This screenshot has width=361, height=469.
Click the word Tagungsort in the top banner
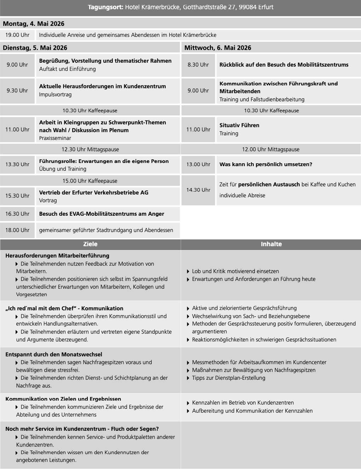point(105,7)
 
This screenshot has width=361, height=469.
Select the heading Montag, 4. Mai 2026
point(34,24)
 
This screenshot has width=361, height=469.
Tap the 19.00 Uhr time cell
point(17,35)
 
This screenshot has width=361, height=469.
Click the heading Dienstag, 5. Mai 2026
point(35,48)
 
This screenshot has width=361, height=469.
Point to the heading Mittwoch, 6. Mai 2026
point(218,48)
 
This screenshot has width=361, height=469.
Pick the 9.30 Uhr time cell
point(17,91)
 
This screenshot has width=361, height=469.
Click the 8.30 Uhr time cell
point(198,65)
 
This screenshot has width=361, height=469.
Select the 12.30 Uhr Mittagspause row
point(90,149)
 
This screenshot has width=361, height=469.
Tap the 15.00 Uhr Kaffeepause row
point(90,181)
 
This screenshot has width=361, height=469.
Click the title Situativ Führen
point(239,125)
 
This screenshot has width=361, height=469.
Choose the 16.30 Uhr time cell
point(17,214)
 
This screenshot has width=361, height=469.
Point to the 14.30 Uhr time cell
point(198,190)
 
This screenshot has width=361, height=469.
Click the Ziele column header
point(90,244)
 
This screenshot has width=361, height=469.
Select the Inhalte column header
point(271,244)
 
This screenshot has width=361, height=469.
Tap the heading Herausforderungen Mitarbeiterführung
point(57,256)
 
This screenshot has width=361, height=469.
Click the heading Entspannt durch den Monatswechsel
point(54,355)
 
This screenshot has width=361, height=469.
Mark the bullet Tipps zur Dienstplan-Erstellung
point(229,378)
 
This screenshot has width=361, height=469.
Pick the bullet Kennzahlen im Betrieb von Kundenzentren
point(243,403)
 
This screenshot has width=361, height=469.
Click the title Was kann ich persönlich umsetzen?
point(266,164)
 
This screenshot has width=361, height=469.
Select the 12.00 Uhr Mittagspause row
point(271,149)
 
